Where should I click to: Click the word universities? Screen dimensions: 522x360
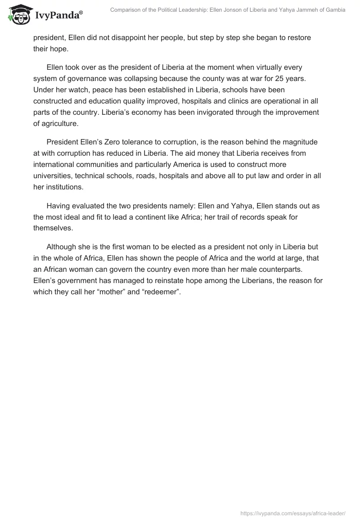coord(54,175)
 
